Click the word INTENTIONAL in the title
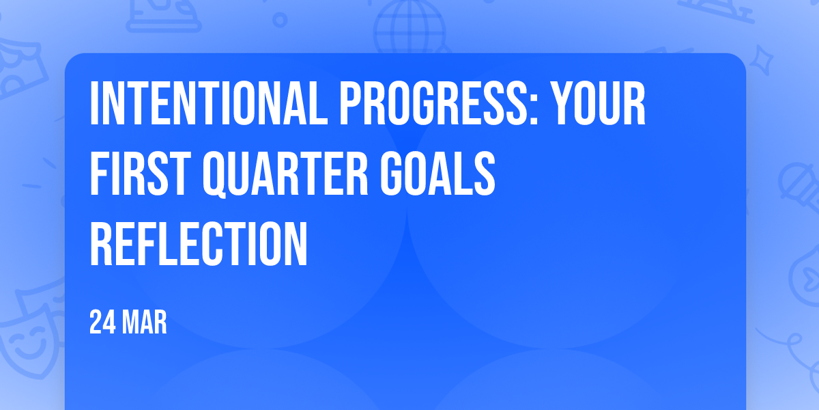click(209, 104)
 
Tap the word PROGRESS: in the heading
click(439, 104)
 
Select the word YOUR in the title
click(598, 104)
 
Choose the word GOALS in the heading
click(437, 173)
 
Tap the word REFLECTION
click(199, 243)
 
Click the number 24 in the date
click(102, 322)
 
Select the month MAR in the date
click(145, 322)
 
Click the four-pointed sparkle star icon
click(761, 60)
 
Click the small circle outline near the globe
click(280, 20)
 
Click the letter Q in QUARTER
click(216, 175)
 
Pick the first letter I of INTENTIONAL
click(94, 104)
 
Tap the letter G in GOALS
click(394, 173)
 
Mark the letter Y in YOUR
click(564, 104)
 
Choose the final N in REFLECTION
click(294, 243)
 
